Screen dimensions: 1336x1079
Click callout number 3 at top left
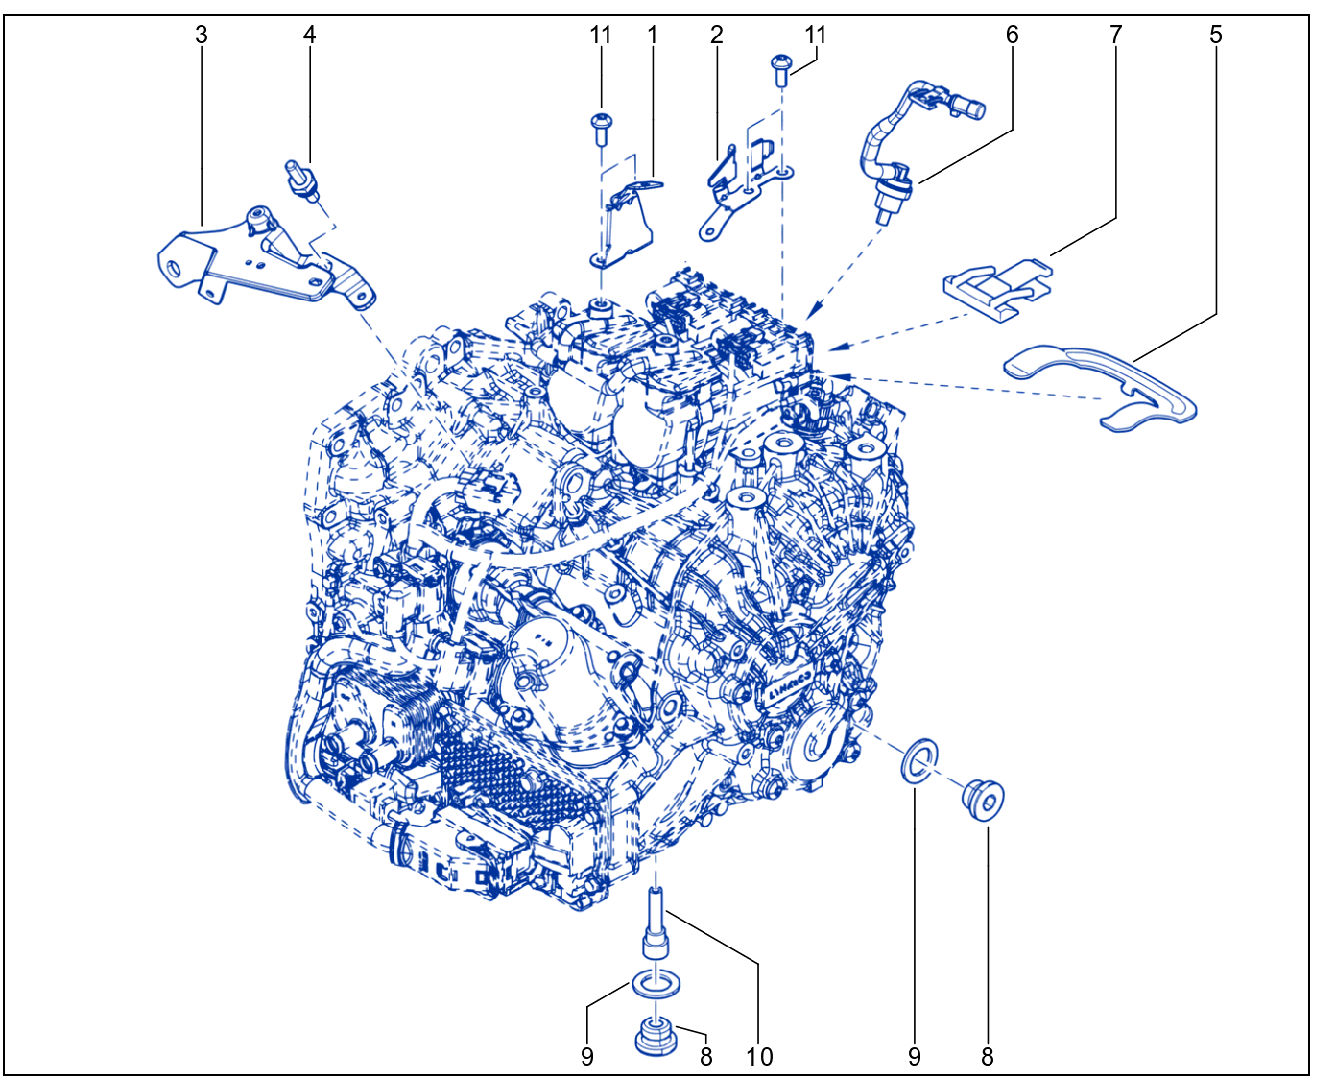tap(201, 36)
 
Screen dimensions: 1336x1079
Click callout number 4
tap(309, 36)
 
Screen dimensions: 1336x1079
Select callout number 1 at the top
tap(653, 36)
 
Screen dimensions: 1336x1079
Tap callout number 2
tap(716, 36)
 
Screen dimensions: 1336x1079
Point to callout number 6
tap(1012, 36)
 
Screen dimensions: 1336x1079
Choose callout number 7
tap(1115, 36)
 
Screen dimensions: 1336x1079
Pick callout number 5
tap(1216, 36)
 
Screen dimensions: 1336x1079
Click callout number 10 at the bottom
tap(759, 1057)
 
